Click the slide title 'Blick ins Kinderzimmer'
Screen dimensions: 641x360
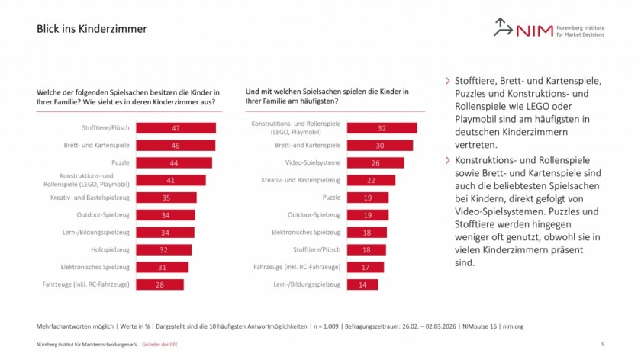click(x=92, y=29)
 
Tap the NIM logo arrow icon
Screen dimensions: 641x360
click(x=502, y=27)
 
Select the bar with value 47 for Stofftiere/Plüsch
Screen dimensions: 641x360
click(x=176, y=128)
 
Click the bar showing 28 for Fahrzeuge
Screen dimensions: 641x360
click(x=159, y=284)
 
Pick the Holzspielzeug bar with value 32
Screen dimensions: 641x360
click(x=163, y=249)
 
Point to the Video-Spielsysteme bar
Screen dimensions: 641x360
click(x=375, y=162)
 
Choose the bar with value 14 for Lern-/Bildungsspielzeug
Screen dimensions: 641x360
click(x=362, y=284)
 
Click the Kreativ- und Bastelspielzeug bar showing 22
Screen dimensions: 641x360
click(x=371, y=180)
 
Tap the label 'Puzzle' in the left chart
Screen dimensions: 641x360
click(x=121, y=162)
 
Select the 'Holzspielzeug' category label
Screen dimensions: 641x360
click(x=110, y=249)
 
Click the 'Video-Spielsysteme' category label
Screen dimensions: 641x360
click(x=313, y=162)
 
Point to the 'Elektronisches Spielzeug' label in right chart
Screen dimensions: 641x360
click(x=306, y=232)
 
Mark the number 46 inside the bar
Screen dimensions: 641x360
click(x=176, y=146)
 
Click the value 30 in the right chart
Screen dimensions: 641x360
click(x=380, y=146)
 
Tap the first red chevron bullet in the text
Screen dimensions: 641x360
click(x=448, y=81)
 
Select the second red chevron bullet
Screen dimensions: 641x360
click(x=448, y=160)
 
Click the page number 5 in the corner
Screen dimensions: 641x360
click(x=603, y=345)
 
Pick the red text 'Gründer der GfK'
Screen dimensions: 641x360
click(x=159, y=345)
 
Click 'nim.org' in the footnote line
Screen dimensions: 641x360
click(x=513, y=326)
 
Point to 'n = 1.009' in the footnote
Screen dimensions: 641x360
click(x=326, y=326)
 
